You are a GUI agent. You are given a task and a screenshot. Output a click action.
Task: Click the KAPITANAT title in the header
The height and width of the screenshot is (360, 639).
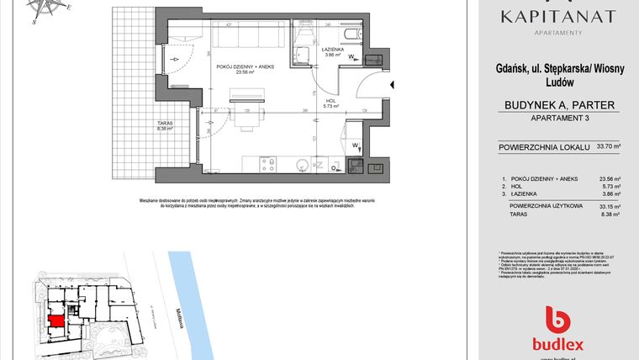pos(558,16)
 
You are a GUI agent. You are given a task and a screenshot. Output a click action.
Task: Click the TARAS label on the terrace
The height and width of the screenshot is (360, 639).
pos(164,126)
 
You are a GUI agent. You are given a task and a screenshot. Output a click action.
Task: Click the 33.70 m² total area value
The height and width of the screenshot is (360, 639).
pos(608,147)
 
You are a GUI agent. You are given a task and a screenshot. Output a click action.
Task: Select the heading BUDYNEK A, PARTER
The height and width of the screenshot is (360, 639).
pos(558,105)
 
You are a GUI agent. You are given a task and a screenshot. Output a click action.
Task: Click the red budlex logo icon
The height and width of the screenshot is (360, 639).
pos(558,320)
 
